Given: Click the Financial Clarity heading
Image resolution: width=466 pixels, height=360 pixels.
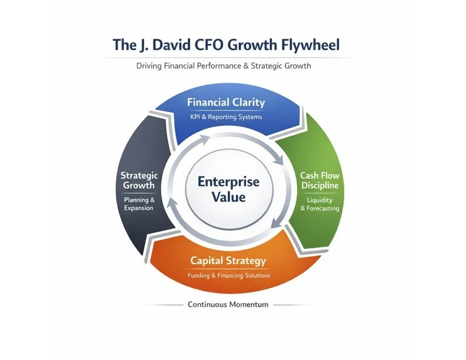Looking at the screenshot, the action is [x=226, y=102].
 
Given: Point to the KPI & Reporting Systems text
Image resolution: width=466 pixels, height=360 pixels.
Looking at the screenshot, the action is [x=226, y=116].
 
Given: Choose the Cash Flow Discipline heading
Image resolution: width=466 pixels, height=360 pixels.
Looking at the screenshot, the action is [x=319, y=181].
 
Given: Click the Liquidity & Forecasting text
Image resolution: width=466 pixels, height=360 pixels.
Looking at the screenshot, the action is [x=319, y=204].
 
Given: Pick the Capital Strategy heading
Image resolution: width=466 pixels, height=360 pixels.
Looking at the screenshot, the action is [x=228, y=261].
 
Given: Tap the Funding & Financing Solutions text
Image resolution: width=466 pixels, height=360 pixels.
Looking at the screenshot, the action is [x=228, y=275].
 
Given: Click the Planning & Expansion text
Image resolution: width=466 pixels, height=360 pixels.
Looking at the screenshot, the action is [x=139, y=204].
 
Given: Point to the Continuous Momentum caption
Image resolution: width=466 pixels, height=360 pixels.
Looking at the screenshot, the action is [x=228, y=305].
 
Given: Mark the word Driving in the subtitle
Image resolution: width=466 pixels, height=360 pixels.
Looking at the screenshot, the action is [x=149, y=66].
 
